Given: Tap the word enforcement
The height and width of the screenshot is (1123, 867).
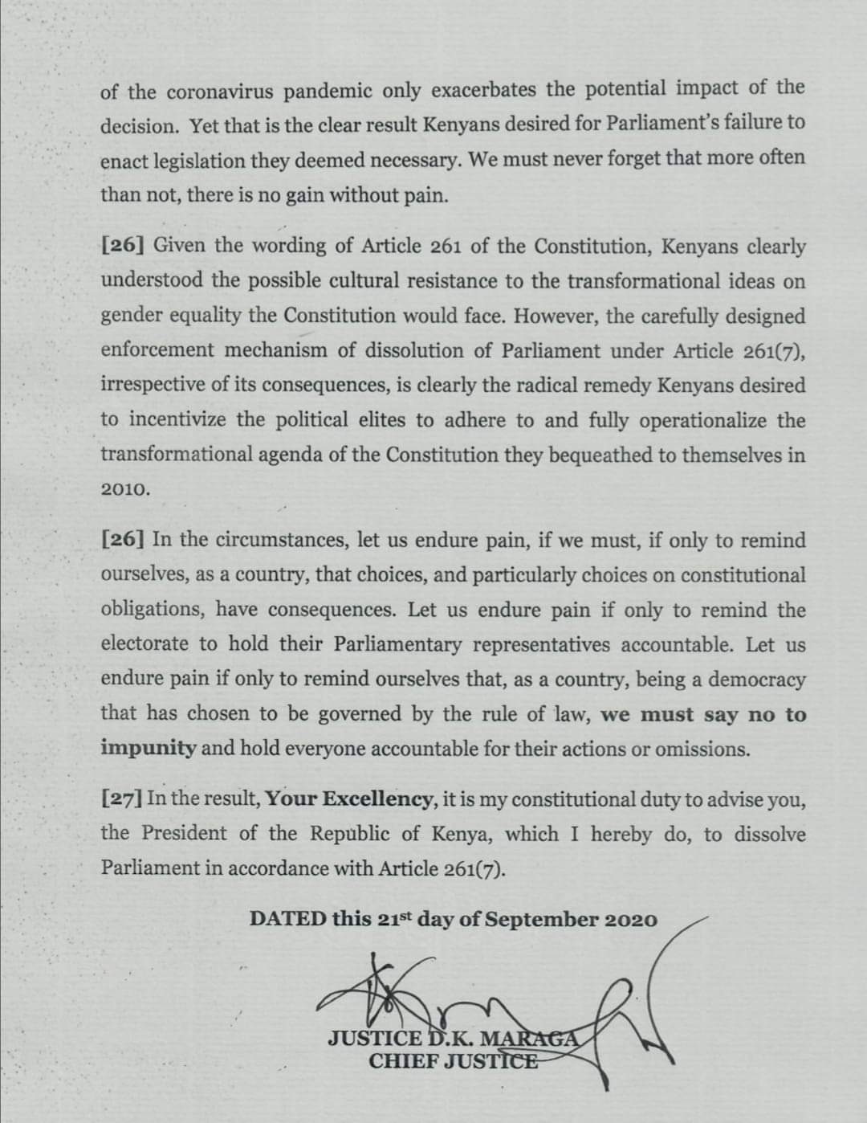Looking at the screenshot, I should coord(157,351).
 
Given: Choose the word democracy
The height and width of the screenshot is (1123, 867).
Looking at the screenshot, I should coord(756,680).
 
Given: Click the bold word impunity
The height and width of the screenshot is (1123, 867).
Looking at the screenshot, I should coord(149,749).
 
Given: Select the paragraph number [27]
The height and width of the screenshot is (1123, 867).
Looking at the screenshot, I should coord(122,799).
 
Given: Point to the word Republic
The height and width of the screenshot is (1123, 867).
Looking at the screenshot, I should coord(344,834).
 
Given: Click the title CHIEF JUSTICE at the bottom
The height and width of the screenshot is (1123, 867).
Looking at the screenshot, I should coord(453,1060).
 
